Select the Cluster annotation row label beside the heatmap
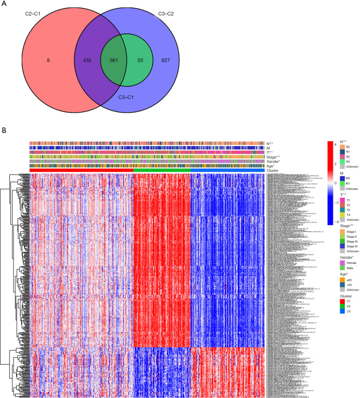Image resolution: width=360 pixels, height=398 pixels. point(273,170)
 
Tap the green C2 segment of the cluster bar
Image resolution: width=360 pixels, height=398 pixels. point(162,170)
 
